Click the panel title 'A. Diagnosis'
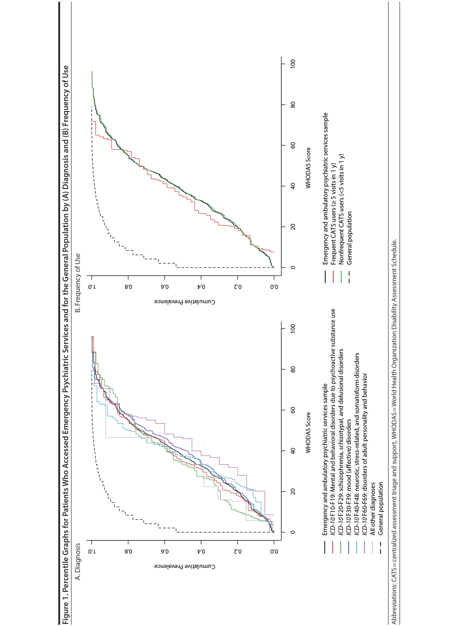point(78,561)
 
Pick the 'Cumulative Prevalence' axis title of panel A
point(185,567)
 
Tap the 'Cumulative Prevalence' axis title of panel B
point(185,302)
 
